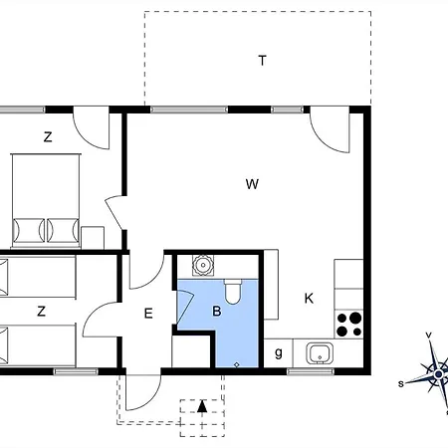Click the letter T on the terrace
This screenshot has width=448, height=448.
click(263, 61)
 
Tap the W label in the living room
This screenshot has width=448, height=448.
click(253, 183)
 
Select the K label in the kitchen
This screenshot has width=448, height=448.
click(310, 298)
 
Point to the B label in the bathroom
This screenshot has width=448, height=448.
click(216, 311)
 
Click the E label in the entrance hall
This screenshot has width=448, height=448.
click(147, 314)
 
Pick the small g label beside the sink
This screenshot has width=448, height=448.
click(278, 352)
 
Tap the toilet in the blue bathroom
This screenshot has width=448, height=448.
click(233, 292)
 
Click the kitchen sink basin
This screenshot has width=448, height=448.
click(320, 351)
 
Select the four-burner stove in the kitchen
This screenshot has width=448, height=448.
click(348, 325)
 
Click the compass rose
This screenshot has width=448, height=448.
click(435, 372)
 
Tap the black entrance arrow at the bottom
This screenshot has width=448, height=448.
click(202, 405)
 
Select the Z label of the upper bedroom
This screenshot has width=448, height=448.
click(47, 138)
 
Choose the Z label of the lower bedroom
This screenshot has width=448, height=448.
click(41, 312)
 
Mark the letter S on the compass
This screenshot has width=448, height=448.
click(401, 383)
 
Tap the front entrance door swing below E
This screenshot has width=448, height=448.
click(140, 388)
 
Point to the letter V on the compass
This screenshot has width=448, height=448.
click(428, 336)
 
